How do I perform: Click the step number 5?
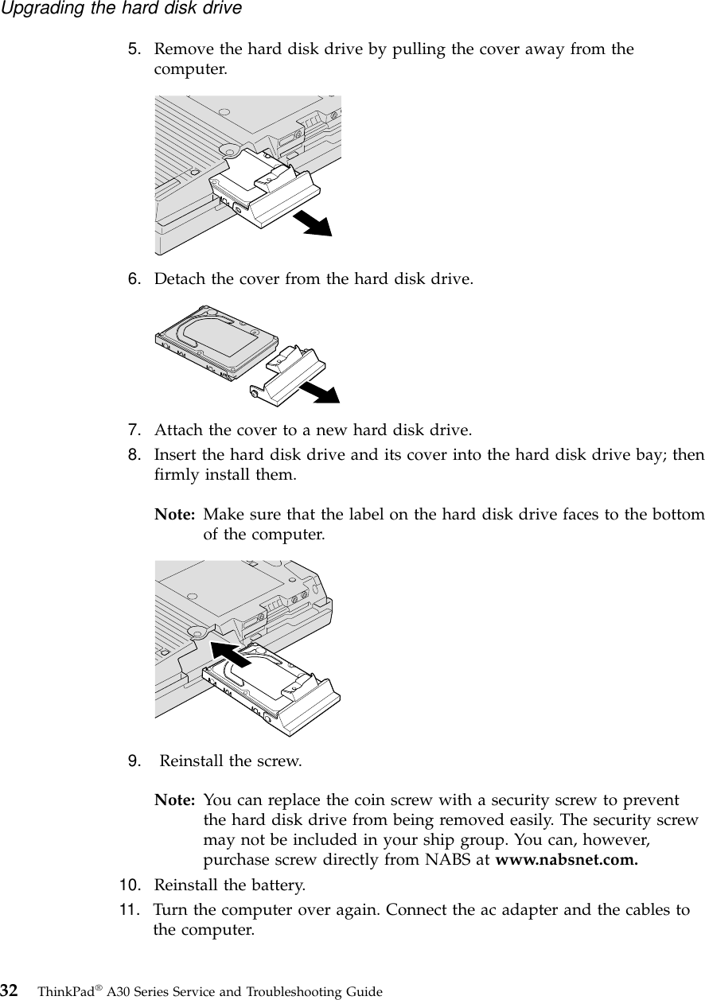(136, 50)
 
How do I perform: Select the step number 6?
(136, 280)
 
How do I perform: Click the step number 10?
(131, 885)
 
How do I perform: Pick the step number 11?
(131, 909)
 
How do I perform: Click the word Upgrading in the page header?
(36, 9)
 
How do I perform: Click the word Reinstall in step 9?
(192, 760)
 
